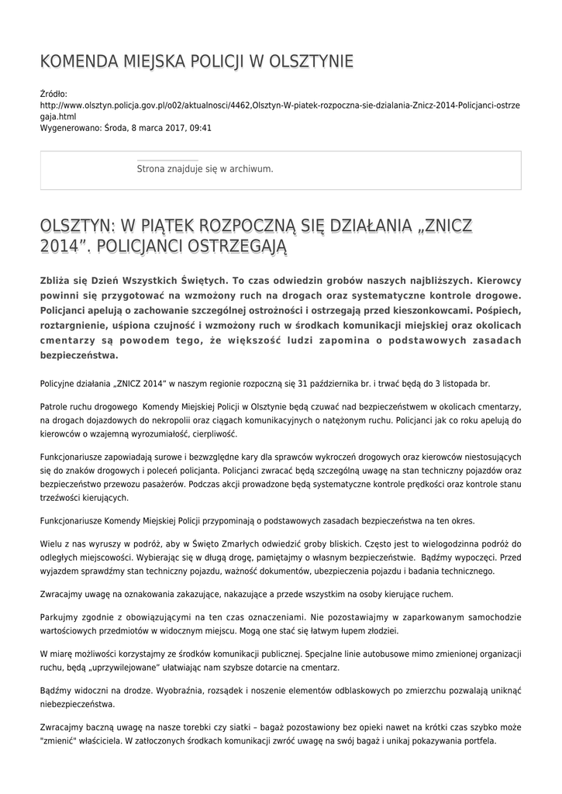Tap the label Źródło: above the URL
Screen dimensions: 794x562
53,93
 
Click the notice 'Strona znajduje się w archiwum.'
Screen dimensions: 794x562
205,168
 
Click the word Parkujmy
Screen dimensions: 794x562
58,616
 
